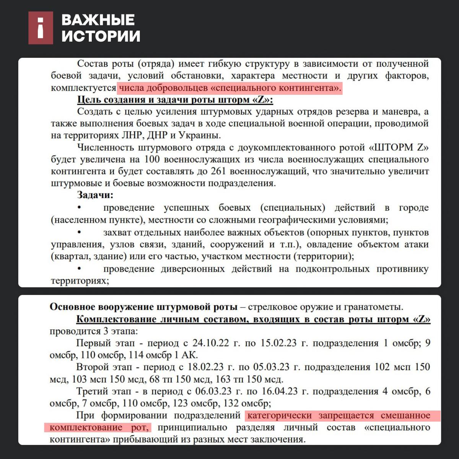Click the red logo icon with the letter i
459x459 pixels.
pos(41,28)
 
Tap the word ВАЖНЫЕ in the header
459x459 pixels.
pos(98,20)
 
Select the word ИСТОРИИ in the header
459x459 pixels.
pos(101,36)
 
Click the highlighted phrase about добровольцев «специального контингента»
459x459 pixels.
pos(229,88)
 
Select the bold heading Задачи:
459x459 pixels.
pos(95,195)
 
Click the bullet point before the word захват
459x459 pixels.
pos(80,232)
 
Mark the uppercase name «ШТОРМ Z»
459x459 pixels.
pos(399,148)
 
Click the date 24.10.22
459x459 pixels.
pos(207,343)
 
